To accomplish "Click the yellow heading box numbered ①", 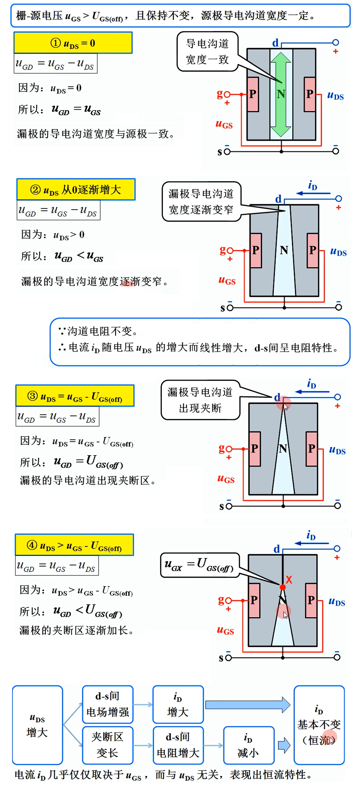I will tap(73, 43).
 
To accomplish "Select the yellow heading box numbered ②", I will tap(76, 190).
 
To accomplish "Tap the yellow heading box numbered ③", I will tap(75, 396).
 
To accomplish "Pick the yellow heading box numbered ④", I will tap(74, 545).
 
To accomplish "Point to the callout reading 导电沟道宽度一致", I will tap(207, 52).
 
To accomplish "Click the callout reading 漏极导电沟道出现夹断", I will tap(200, 400).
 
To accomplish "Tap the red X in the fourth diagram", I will tap(289, 579).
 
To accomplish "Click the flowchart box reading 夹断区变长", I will tap(107, 745).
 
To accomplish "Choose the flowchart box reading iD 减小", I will tap(249, 745).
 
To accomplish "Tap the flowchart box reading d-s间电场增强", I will tap(107, 704).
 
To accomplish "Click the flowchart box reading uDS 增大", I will tap(37, 725).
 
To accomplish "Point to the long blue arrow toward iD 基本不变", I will tap(247, 704).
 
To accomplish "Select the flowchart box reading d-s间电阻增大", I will tap(178, 745).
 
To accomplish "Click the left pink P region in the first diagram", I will tap(253, 94).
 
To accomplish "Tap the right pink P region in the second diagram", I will tap(312, 250).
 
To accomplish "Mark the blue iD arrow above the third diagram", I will tap(312, 392).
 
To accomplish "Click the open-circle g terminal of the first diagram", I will tap(227, 94).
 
